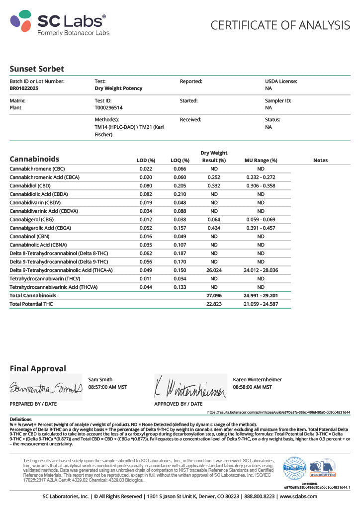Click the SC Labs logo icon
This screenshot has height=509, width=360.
click(x=21, y=21)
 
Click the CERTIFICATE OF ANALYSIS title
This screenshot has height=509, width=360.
click(x=280, y=25)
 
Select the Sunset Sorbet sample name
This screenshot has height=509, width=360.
click(x=37, y=69)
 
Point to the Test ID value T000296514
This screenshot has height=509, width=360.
click(x=108, y=107)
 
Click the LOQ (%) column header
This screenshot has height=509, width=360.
click(x=180, y=161)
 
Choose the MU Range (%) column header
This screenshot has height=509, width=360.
click(x=261, y=161)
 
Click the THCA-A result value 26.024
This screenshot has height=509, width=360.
click(x=214, y=270)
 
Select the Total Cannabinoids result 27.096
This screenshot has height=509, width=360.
click(x=214, y=295)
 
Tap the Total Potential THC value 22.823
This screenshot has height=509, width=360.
click(x=214, y=304)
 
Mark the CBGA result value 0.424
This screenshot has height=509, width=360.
click(x=214, y=228)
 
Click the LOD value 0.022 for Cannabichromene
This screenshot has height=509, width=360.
click(x=146, y=169)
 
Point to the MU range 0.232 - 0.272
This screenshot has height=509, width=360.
click(x=261, y=177)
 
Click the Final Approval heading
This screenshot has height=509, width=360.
click(x=37, y=369)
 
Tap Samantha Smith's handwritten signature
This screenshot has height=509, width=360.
click(x=45, y=387)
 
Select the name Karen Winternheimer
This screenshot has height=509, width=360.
click(x=257, y=380)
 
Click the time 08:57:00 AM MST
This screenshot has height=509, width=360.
click(x=107, y=387)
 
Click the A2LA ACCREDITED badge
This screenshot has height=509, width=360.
click(x=323, y=468)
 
